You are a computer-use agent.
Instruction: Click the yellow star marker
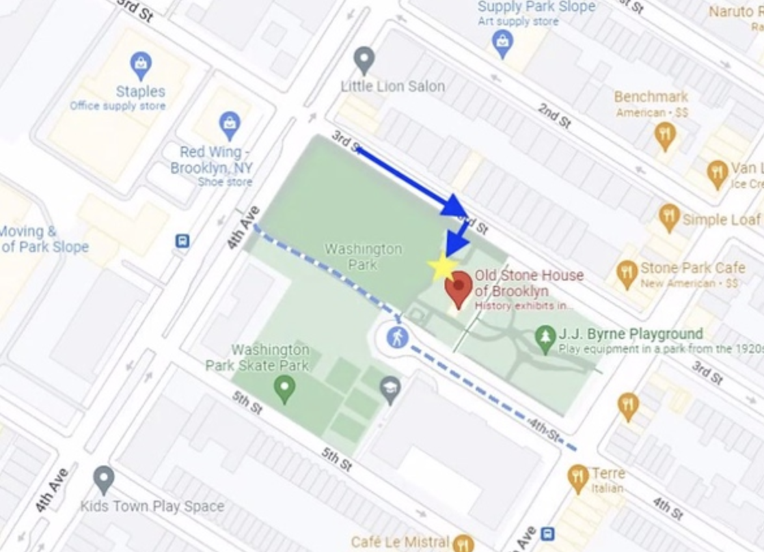tap(442, 266)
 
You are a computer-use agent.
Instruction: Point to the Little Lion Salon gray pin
tap(364, 60)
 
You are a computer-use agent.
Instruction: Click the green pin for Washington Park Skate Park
tap(284, 389)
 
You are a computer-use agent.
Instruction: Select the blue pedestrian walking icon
tap(397, 337)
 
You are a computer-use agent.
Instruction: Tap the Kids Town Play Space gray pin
tap(104, 480)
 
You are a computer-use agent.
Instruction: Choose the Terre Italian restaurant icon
tap(578, 478)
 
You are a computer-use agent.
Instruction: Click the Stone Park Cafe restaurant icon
tap(626, 274)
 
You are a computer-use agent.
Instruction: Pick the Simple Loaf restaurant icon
tap(669, 217)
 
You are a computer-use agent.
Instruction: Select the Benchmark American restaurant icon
tap(664, 136)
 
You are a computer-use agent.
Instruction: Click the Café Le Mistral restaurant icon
tap(463, 542)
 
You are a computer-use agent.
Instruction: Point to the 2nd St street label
tap(554, 115)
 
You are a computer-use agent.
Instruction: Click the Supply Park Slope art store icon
tap(502, 43)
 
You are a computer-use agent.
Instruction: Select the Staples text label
tap(141, 91)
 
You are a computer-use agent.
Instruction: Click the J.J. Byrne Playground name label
tap(631, 334)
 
